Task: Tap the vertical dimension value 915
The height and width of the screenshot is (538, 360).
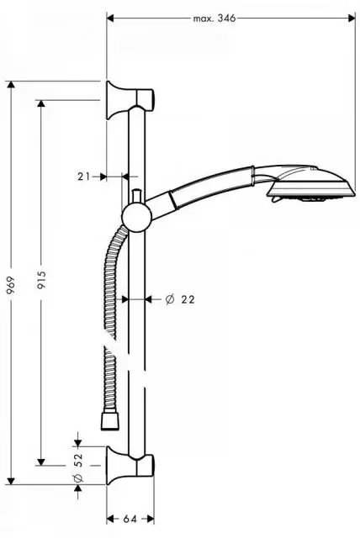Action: point(41,282)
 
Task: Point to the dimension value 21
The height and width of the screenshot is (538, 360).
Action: point(83,176)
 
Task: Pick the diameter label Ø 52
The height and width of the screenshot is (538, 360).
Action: point(78,467)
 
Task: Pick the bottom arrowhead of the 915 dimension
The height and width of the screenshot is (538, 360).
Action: point(41,461)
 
